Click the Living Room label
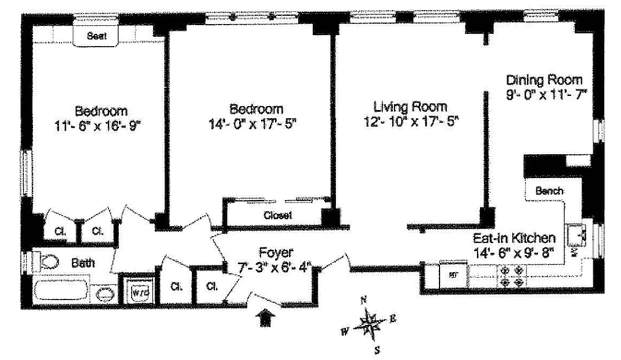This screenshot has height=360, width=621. (410, 107)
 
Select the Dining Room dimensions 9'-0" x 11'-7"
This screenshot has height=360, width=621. (546, 95)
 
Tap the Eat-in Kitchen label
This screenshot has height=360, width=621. (514, 238)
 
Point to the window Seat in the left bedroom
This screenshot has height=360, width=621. (97, 36)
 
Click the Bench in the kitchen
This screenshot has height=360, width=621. (549, 191)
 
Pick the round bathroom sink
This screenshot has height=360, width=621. (105, 295)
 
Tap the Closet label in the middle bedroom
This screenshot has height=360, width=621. (277, 215)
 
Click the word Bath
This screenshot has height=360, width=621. (83, 262)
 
